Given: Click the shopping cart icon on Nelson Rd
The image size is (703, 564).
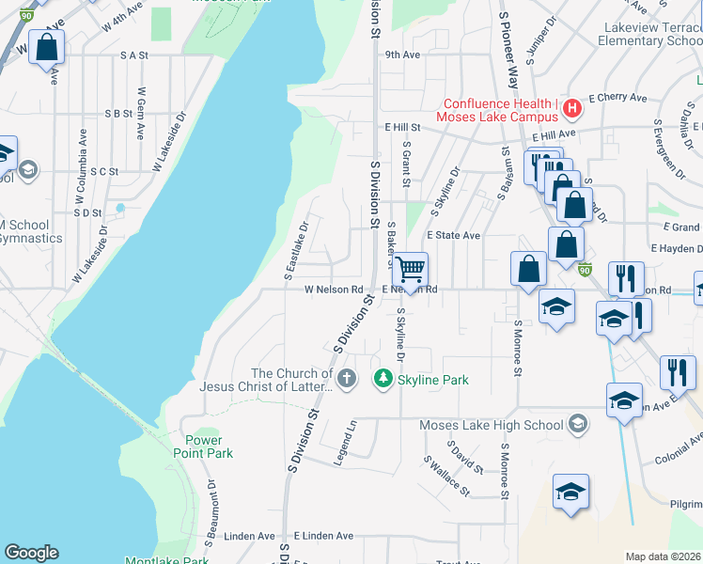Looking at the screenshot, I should pyautogui.click(x=410, y=270).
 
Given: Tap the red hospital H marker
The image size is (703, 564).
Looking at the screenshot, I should pyautogui.click(x=570, y=111).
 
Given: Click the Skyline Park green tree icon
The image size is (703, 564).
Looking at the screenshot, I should pyautogui.click(x=383, y=379).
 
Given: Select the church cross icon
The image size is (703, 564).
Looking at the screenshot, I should pyautogui.click(x=347, y=379).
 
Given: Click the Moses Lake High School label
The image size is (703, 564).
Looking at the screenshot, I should pyautogui.click(x=492, y=425).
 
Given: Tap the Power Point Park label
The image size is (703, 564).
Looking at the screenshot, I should pyautogui.click(x=204, y=446).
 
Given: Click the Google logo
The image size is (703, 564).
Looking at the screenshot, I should pyautogui.click(x=31, y=553).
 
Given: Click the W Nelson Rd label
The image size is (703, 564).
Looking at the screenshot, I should pyautogui.click(x=333, y=290).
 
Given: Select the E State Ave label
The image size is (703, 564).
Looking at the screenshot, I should pyautogui.click(x=453, y=235).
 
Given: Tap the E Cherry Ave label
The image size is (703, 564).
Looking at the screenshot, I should pyautogui.click(x=617, y=98).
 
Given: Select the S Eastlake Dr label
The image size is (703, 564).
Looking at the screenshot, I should pyautogui.click(x=297, y=250).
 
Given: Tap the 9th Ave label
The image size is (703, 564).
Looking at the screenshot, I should pyautogui.click(x=401, y=55).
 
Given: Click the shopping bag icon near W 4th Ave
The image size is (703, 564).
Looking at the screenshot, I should pyautogui.click(x=47, y=47).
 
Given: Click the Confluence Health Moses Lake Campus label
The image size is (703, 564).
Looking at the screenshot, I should pyautogui.click(x=498, y=111).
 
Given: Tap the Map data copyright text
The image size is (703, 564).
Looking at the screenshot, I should pyautogui.click(x=663, y=556).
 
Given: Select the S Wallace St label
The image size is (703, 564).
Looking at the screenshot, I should pyautogui.click(x=445, y=476).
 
